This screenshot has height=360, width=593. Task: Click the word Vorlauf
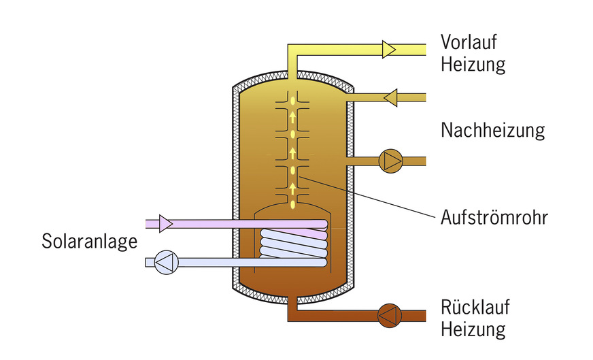point(469,42)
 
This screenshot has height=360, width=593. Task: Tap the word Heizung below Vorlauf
point(473,65)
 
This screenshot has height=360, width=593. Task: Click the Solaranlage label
point(90,242)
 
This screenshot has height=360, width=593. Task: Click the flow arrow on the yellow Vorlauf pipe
point(389,49)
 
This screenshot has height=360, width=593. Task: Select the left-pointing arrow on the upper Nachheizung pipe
point(390,98)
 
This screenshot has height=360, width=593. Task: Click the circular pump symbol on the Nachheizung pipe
point(390,161)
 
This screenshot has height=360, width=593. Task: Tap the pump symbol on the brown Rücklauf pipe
point(390,314)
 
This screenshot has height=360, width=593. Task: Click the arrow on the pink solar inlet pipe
point(165,223)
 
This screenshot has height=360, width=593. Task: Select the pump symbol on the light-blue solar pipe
point(165,262)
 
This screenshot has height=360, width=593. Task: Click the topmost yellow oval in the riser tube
point(293,100)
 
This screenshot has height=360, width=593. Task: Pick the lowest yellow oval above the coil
point(293,203)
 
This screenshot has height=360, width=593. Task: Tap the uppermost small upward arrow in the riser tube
point(293,117)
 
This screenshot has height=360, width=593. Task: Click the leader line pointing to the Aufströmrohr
point(367,198)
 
